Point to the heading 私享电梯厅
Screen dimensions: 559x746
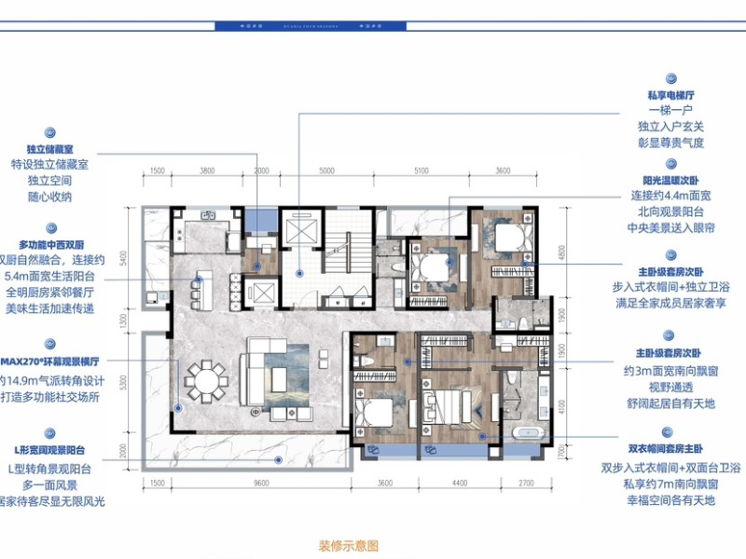[x=671, y=95]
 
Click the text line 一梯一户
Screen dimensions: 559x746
[x=671, y=111]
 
